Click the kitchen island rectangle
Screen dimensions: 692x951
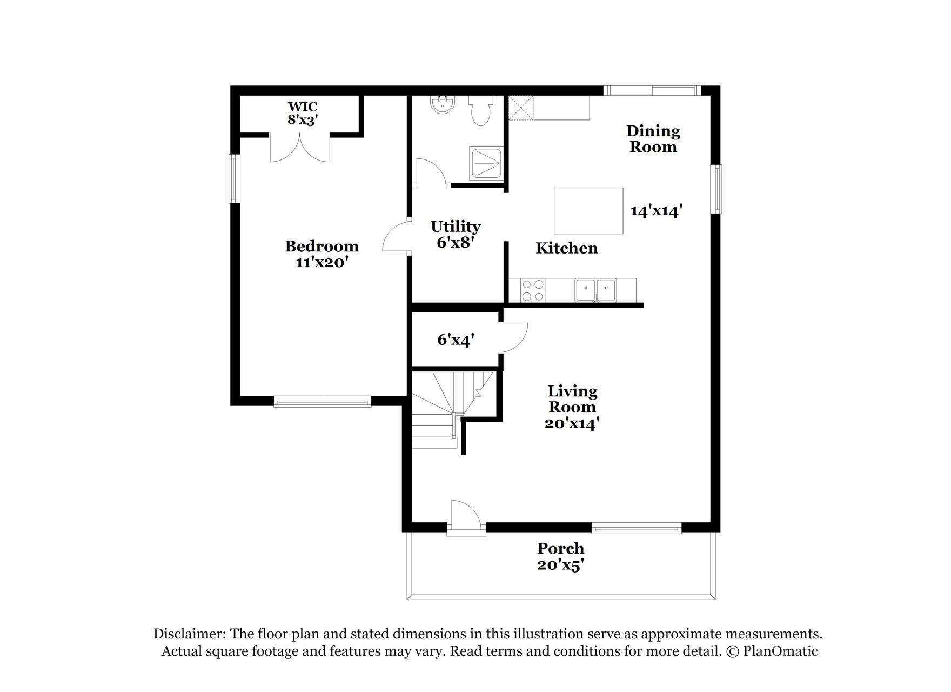588,211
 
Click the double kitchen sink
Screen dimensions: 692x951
595,290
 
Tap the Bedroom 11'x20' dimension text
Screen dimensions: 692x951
322,263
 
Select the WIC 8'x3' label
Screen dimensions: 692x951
302,114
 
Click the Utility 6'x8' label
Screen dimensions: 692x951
456,234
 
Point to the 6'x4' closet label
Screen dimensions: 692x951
456,340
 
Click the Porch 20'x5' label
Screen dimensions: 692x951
561,556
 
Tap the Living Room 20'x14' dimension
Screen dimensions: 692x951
572,423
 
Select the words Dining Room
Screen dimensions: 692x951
653,139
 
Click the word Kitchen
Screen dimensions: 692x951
566,248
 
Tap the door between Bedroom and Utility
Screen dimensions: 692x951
396,238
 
